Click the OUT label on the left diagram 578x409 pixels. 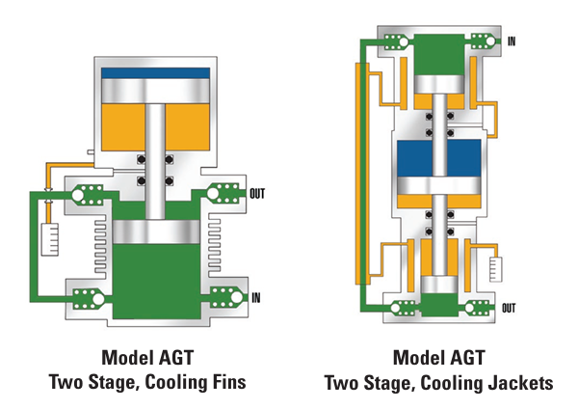(x=257, y=194)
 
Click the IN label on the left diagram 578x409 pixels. (x=256, y=297)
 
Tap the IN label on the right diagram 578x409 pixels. (x=512, y=41)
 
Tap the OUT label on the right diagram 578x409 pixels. (x=509, y=308)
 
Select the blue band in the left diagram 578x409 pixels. (x=155, y=72)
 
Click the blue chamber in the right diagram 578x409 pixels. (x=438, y=158)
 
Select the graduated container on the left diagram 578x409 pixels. (x=50, y=239)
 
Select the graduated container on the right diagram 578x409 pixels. (x=495, y=269)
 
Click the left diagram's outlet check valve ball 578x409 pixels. (x=213, y=193)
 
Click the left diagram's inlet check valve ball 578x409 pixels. (x=236, y=297)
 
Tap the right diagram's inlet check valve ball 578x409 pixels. (x=490, y=41)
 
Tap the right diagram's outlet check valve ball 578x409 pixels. (x=469, y=308)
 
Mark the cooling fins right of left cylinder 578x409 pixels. (x=215, y=245)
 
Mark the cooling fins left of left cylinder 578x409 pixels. (x=99, y=245)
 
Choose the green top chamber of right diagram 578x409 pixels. (x=438, y=55)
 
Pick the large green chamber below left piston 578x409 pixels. (x=156, y=282)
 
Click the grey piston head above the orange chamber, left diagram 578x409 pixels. (x=155, y=91)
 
